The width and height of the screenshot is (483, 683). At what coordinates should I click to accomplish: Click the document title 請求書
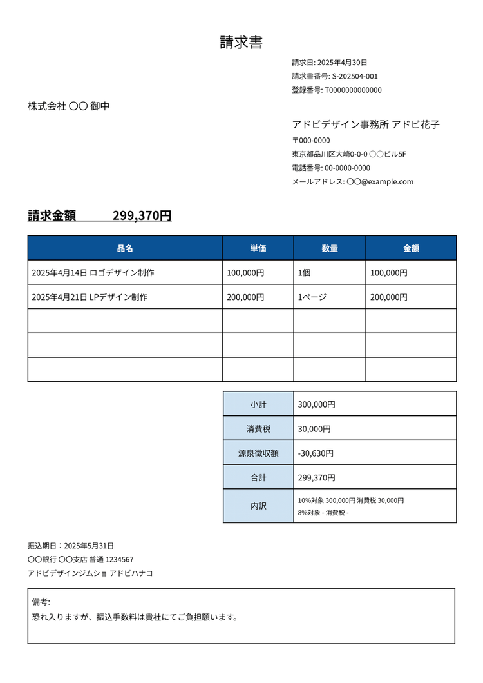(241, 43)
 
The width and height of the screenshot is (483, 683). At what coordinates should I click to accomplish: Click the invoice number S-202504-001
(355, 76)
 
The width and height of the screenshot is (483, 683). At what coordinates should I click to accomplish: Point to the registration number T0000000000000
(353, 90)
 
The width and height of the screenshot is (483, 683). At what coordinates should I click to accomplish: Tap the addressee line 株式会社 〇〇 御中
(68, 106)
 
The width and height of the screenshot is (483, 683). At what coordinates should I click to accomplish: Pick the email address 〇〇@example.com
(380, 182)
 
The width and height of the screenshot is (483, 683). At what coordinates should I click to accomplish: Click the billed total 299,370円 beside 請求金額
(142, 216)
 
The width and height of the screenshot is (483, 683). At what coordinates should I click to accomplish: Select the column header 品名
(125, 248)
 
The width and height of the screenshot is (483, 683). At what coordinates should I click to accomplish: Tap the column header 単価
(258, 248)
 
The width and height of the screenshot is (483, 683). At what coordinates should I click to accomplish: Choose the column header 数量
(330, 248)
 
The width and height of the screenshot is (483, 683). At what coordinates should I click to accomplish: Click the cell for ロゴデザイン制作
(93, 273)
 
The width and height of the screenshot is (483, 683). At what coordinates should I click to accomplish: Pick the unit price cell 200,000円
(245, 297)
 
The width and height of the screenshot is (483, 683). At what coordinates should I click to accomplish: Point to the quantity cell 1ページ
(312, 297)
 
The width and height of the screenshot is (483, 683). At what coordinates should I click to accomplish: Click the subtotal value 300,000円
(317, 404)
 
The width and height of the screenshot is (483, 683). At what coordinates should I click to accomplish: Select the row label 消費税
(258, 429)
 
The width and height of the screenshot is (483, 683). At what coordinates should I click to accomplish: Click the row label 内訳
(258, 506)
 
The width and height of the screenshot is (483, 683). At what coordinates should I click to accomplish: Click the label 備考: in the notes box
(41, 602)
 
